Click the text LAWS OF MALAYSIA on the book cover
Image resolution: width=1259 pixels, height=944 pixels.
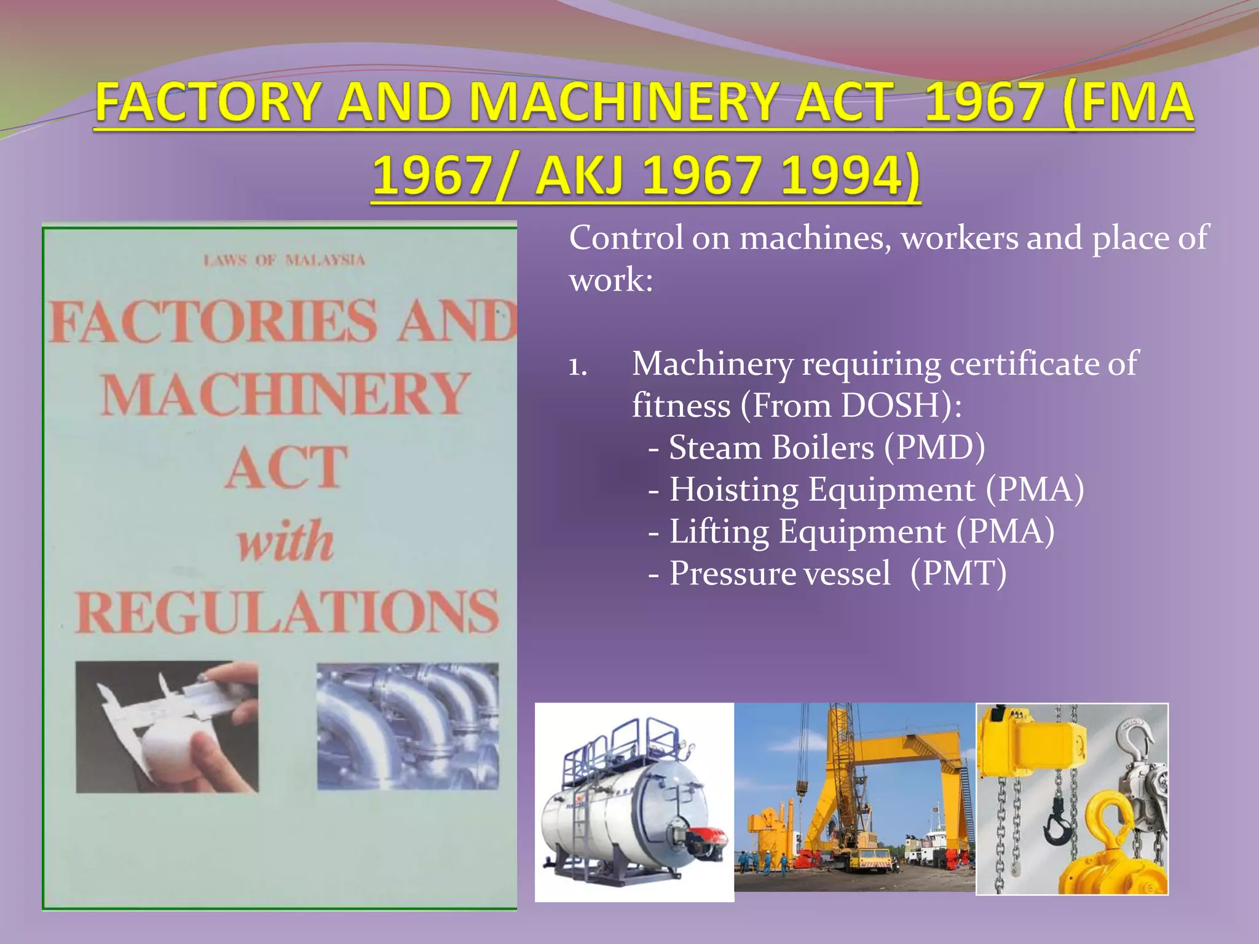(284, 260)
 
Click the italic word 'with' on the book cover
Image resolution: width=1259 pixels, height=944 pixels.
(286, 541)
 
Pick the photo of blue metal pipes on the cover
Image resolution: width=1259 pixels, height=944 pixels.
(408, 726)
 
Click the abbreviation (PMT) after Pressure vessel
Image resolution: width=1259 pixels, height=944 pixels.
(958, 573)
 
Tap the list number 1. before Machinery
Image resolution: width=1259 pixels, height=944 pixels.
(578, 367)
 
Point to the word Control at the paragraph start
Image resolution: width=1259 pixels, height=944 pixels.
(626, 238)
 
